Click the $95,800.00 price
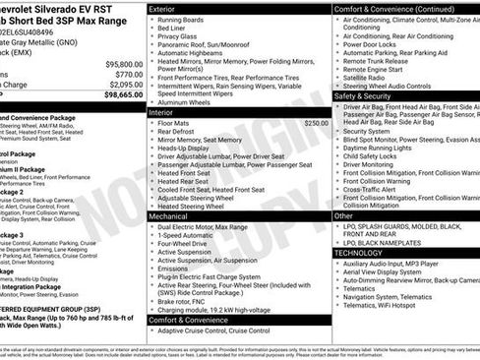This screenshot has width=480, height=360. click(x=115, y=63)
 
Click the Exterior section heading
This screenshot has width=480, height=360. click(x=162, y=8)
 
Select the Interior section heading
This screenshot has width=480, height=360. click(x=160, y=113)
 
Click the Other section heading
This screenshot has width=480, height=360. click(x=344, y=215)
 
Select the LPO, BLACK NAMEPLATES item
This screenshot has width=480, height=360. click(x=391, y=242)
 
